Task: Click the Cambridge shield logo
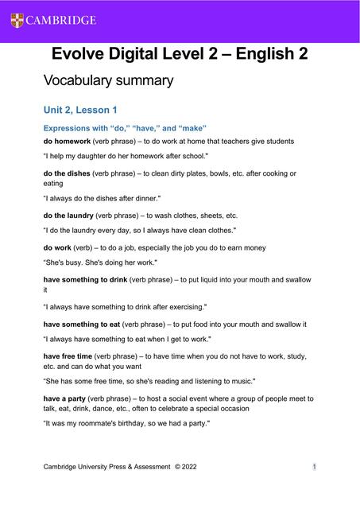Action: (17, 20)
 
